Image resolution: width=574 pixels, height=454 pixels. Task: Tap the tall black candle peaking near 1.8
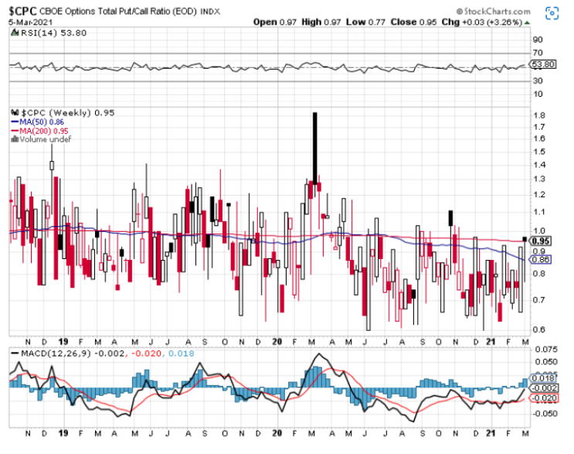pyautogui.click(x=315, y=147)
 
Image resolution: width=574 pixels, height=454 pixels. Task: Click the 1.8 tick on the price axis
pyautogui.click(x=538, y=116)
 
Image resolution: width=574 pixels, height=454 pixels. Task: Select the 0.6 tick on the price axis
pyautogui.click(x=538, y=329)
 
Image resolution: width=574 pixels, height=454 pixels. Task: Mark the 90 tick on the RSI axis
pyautogui.click(x=538, y=39)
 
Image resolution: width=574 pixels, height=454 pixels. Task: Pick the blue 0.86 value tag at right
pyautogui.click(x=540, y=261)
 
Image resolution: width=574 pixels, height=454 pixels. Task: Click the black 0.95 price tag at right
pyautogui.click(x=540, y=241)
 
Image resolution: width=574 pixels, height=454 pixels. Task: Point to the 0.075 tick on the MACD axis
pyautogui.click(x=544, y=350)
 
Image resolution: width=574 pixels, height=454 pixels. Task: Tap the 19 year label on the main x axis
pyautogui.click(x=63, y=342)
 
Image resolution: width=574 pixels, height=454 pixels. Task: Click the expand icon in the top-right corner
pyautogui.click(x=554, y=13)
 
